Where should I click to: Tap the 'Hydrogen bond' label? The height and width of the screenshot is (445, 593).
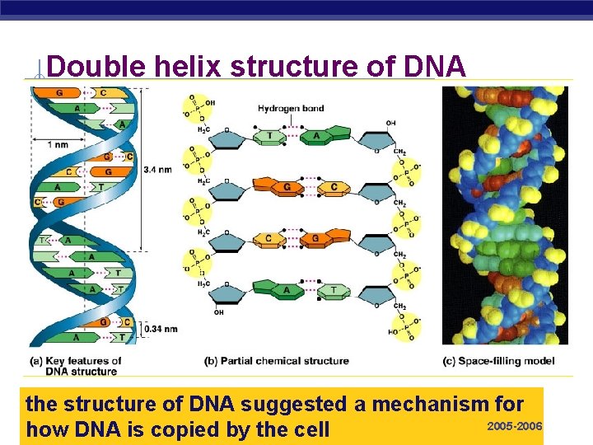coord(291,108)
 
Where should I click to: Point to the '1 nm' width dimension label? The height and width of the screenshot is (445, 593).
coord(58,144)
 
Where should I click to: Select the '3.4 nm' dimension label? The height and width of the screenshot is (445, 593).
coord(157,170)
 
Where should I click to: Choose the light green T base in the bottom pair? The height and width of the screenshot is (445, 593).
coord(334,290)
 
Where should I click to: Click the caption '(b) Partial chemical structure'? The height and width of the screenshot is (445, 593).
coord(276,361)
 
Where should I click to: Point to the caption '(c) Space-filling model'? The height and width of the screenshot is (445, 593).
coord(498,361)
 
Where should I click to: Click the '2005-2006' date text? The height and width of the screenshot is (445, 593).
coord(515,426)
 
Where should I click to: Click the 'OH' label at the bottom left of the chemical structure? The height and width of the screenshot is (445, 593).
coord(217,312)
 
